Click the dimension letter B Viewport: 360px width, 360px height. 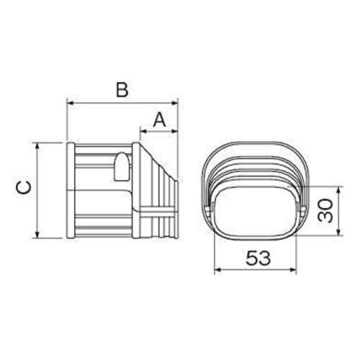point(122,91)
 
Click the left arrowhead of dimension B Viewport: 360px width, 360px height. point(68,104)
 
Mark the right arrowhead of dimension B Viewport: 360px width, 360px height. point(176,104)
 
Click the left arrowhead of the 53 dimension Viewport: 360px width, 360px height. point(216,270)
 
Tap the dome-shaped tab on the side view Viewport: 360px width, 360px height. point(120,168)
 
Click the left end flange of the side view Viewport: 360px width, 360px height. point(70,190)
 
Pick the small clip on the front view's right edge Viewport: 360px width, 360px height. point(300,209)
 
